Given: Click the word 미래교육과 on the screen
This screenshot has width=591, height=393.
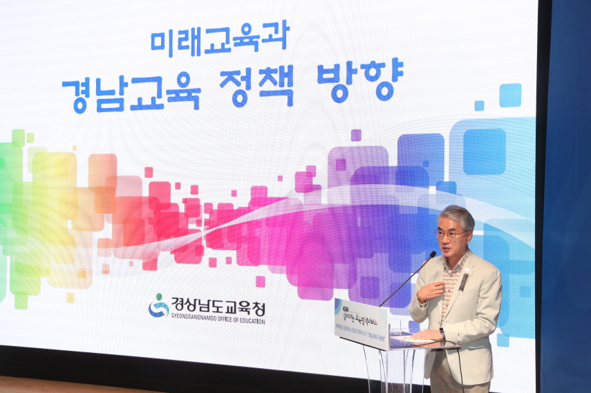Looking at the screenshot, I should pos(220,38).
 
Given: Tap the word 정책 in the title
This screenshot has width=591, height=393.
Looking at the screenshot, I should pos(256,86).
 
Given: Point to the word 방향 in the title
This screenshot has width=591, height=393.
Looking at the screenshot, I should pos(359,83).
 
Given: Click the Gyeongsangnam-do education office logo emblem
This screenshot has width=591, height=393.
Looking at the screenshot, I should pos(158,306).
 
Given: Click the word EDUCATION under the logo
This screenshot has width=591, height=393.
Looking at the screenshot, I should pos(247,321).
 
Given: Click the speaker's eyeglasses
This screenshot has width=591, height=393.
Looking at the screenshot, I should pos(449,235).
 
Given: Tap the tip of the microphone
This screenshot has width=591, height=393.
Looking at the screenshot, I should pos(433,254).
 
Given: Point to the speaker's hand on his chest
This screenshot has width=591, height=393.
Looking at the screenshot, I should pos(430,291).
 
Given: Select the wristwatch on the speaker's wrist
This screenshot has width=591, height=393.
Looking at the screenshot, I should pos(442,334).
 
